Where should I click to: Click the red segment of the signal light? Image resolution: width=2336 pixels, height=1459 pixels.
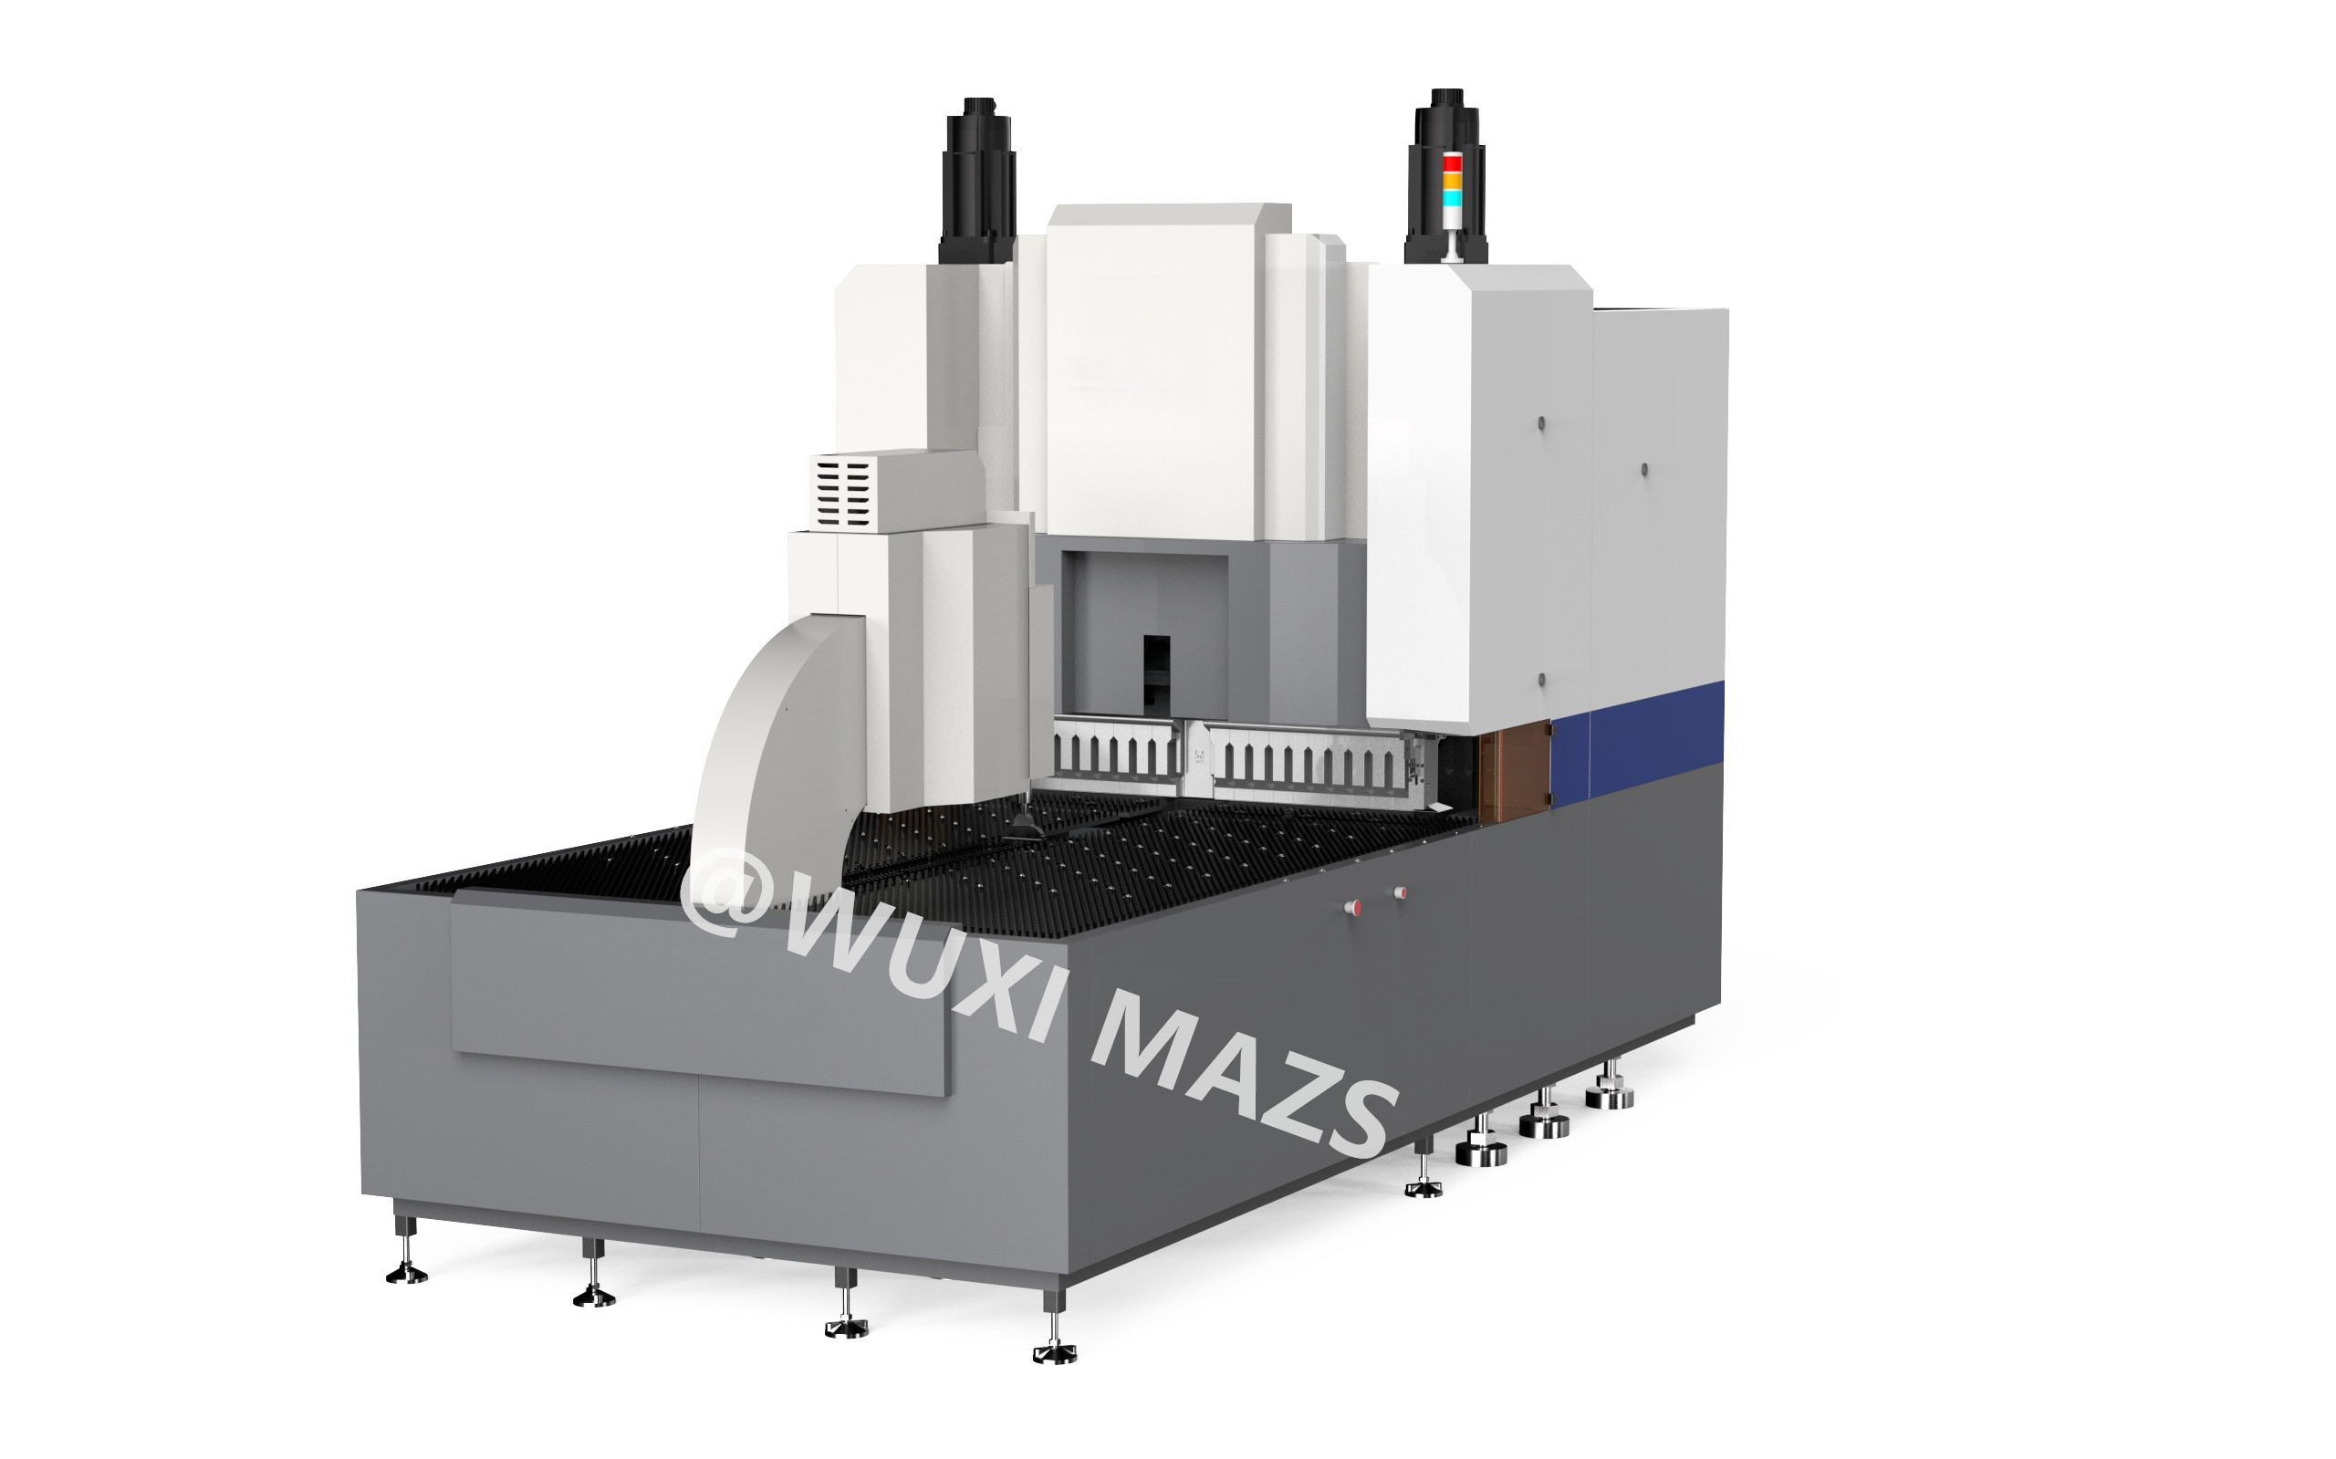(1450, 164)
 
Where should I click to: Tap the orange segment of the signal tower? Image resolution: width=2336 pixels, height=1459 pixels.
(1450, 181)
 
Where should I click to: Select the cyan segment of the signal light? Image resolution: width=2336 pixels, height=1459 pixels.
(1450, 197)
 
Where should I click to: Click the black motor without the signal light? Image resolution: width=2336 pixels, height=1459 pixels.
(978, 180)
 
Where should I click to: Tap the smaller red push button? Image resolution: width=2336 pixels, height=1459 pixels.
(1400, 891)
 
